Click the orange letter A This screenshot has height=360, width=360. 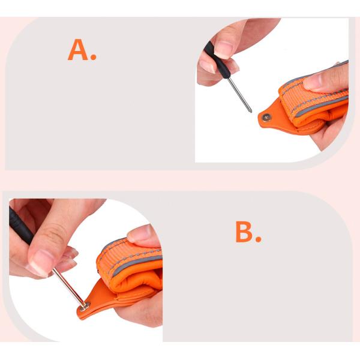pyautogui.click(x=78, y=50)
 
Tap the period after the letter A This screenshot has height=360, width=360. pyautogui.click(x=94, y=57)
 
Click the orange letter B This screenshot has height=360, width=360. pyautogui.click(x=244, y=232)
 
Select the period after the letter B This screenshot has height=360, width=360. pyautogui.click(x=258, y=239)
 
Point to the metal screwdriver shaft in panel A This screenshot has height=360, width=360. pyautogui.click(x=240, y=95)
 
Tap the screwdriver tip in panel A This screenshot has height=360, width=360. pyautogui.click(x=251, y=112)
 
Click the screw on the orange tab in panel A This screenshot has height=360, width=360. pyautogui.click(x=266, y=118)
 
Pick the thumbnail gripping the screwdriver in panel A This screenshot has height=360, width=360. pyautogui.click(x=223, y=49)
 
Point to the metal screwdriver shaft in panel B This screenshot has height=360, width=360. pyautogui.click(x=68, y=287)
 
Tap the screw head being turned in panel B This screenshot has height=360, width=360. pyautogui.click(x=85, y=306)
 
